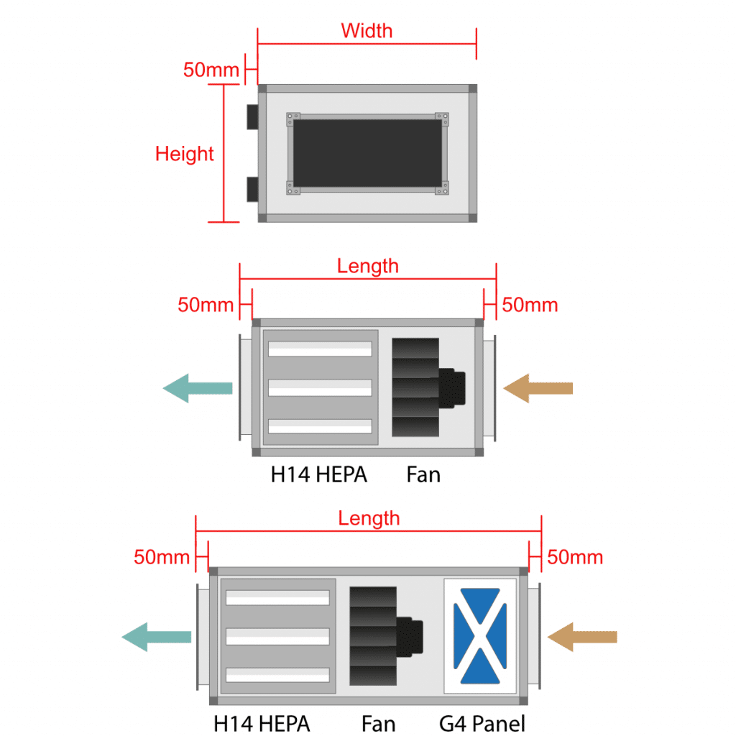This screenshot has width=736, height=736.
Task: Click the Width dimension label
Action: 367,31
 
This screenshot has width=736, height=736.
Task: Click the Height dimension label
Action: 185,154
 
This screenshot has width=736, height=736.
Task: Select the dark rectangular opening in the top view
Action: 367,152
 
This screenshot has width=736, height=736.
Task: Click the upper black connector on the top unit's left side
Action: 252,116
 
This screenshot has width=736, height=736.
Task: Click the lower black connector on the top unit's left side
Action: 252,189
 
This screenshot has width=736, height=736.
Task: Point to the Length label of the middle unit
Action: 367,266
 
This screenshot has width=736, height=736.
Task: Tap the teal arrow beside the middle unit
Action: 197,388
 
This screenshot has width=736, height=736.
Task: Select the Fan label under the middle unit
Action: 423,474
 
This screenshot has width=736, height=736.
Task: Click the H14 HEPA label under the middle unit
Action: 318,474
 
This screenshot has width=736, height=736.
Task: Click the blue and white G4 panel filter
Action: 480,635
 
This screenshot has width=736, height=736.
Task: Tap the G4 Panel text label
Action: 482,723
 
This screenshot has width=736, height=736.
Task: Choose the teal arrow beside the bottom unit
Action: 156,636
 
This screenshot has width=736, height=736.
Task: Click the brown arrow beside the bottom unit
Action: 581,637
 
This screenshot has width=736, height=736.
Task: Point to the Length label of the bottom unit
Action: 369,517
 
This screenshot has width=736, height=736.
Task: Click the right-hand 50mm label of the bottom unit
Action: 575,557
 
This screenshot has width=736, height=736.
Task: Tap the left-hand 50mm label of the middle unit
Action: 206,305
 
